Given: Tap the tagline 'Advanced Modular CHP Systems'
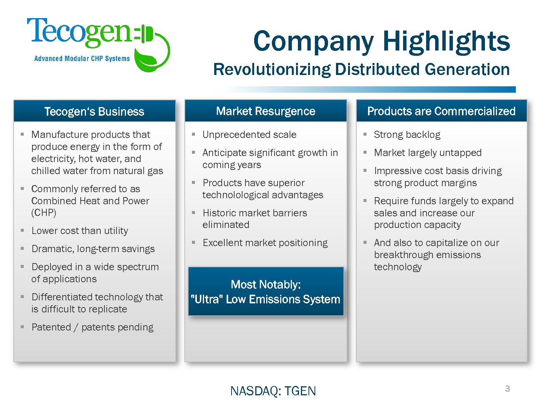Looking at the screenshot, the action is coord(82,58).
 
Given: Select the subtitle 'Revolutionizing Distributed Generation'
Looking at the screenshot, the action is coord(361,69).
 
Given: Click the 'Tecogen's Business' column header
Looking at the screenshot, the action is coord(94,112).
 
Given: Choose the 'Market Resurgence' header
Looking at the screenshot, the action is coord(266,111).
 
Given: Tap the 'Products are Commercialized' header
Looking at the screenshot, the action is coord(441,111).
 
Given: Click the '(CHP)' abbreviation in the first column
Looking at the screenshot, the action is coord(44,213).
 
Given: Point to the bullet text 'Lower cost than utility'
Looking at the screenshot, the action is coord(80,231).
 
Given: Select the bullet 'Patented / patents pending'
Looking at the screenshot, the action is coord(92,327).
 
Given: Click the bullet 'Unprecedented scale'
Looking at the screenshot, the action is coord(249,135).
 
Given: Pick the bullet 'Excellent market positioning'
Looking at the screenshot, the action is coord(265,243).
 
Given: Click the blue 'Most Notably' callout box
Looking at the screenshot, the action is coord(266,291).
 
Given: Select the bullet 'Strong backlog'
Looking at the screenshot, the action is coord(407,135).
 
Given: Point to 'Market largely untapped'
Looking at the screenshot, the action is coord(428,153).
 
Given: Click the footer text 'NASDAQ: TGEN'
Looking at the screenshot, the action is coord(273,391).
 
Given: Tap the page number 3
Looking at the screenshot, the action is coord(508,389).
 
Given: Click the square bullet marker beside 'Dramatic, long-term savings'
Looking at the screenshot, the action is coord(22,249).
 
